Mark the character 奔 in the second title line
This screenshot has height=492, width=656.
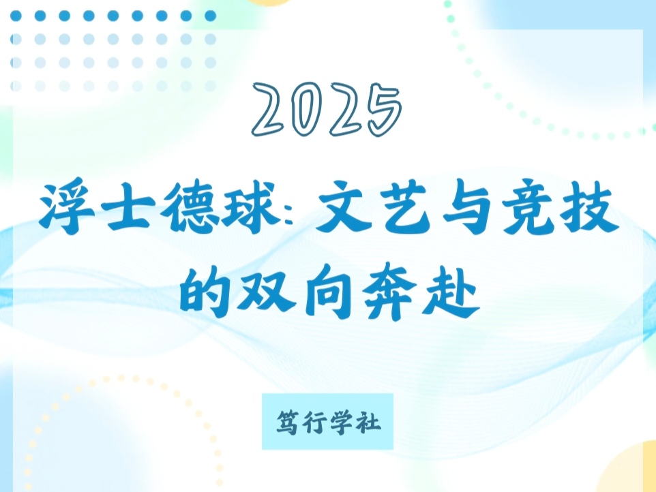pyautogui.click(x=389, y=292)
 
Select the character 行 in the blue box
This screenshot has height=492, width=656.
pyautogui.click(x=314, y=422)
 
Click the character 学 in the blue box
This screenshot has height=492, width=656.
pyautogui.click(x=342, y=422)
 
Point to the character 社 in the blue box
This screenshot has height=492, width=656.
pyautogui.click(x=369, y=422)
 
